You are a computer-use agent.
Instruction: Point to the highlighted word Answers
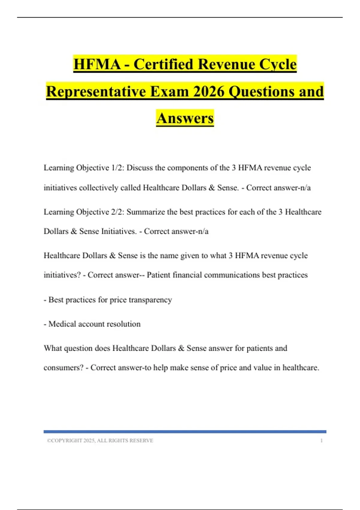185,118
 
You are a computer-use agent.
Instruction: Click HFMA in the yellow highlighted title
97,64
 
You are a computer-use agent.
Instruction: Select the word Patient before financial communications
158,275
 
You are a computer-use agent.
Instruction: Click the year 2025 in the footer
89,440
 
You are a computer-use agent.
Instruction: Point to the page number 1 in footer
322,440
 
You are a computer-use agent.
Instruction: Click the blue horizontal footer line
185,432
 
